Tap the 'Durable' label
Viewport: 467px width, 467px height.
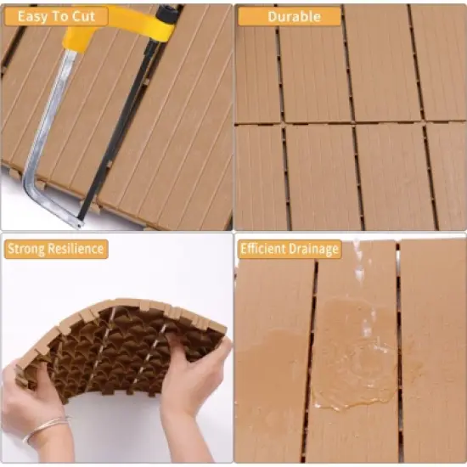289,16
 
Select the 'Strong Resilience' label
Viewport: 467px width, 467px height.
55,249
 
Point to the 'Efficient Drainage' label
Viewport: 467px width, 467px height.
290,249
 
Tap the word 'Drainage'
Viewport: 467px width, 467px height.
314,249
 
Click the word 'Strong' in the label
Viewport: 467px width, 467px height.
25,249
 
